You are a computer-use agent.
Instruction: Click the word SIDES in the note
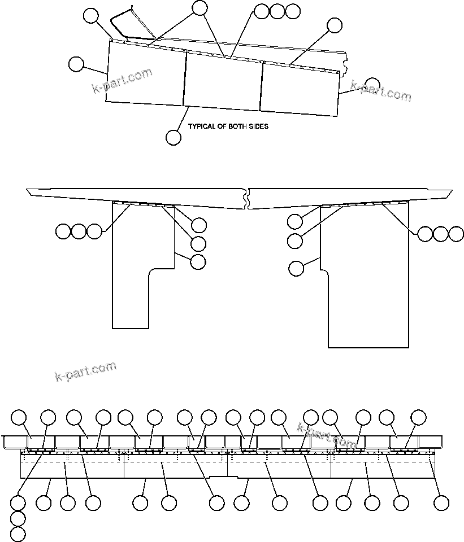258,126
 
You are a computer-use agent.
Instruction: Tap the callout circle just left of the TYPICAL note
174,137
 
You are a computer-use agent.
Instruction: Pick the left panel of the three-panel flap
146,76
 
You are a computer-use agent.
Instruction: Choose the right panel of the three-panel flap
300,90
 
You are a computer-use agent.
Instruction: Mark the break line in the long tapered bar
246,198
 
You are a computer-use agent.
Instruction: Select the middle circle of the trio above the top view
277,11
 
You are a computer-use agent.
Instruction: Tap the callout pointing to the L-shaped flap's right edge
198,262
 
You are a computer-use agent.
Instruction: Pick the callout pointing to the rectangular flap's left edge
296,269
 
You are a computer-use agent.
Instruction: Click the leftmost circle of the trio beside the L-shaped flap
63,231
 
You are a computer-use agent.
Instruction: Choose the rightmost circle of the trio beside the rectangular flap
456,234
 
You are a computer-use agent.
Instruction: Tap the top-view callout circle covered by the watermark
372,85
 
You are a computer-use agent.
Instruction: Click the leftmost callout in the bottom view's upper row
20,417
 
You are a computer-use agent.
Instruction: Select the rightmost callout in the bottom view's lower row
441,502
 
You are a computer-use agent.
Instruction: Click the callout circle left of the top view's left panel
76,64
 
